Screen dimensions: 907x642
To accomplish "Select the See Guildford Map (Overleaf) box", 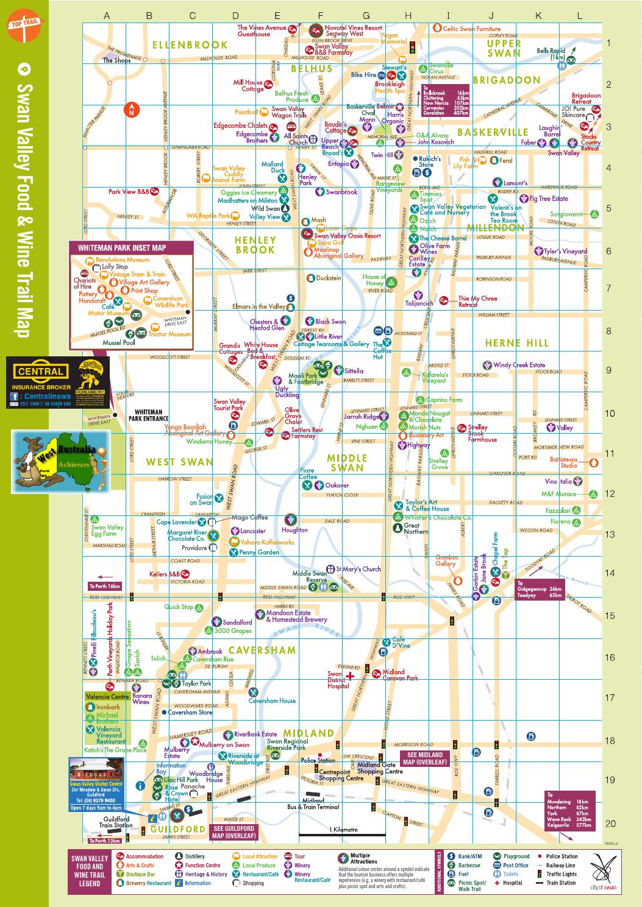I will point(233,832).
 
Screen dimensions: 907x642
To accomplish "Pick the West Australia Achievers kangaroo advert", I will point(60,461).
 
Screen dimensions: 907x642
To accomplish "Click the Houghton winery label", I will point(294,530).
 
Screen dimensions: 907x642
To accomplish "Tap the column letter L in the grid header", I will point(579,16).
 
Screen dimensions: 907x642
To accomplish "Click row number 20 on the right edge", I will point(610,824).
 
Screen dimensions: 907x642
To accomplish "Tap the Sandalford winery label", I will point(237,623).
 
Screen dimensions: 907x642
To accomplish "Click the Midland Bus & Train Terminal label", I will point(313,804).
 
